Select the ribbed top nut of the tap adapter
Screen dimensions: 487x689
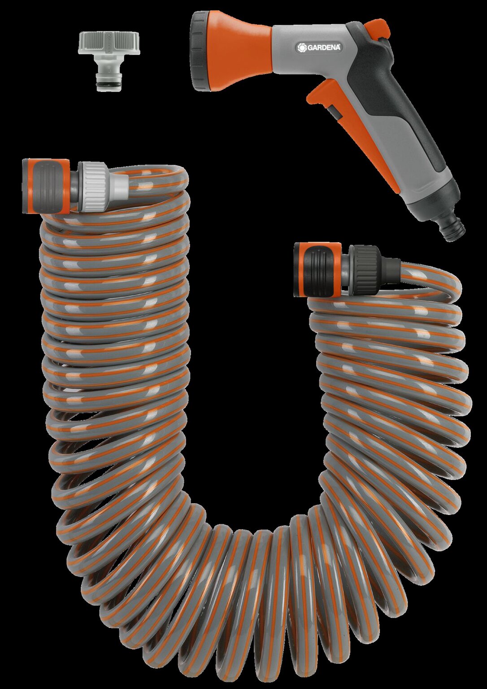click(x=108, y=43)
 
